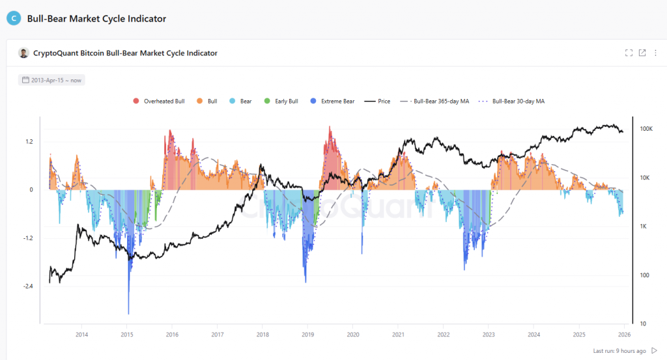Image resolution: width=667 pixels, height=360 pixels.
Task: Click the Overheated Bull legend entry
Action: pyautogui.click(x=159, y=102)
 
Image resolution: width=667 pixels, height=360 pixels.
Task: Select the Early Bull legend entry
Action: pyautogui.click(x=281, y=102)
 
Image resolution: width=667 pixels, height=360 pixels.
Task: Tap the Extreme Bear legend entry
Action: pyautogui.click(x=333, y=102)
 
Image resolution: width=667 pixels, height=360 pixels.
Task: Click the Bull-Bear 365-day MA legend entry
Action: pyautogui.click(x=434, y=102)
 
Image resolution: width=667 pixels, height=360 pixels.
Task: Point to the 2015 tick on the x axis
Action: pyautogui.click(x=127, y=335)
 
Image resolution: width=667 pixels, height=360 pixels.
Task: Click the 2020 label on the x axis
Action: pyautogui.click(x=353, y=335)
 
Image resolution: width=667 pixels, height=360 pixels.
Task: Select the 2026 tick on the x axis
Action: pyautogui.click(x=624, y=335)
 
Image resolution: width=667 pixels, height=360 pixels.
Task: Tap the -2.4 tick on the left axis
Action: pyautogui.click(x=28, y=286)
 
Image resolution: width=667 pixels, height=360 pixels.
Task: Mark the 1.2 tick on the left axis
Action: pyautogui.click(x=29, y=141)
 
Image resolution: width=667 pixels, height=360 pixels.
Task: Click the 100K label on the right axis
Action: pyautogui.click(x=646, y=130)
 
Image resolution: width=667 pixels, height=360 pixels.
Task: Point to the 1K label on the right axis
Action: pyautogui.click(x=644, y=227)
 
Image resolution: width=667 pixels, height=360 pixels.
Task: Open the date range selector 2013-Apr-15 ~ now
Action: pyautogui.click(x=52, y=80)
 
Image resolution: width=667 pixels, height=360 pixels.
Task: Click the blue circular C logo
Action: pyautogui.click(x=14, y=19)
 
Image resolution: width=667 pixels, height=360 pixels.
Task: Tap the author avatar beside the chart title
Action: pyautogui.click(x=23, y=53)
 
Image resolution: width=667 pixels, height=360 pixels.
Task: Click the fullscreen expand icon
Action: pyautogui.click(x=629, y=53)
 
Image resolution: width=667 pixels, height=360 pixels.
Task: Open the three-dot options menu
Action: pyautogui.click(x=655, y=53)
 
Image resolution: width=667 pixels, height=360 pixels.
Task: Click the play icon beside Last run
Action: pyautogui.click(x=654, y=351)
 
